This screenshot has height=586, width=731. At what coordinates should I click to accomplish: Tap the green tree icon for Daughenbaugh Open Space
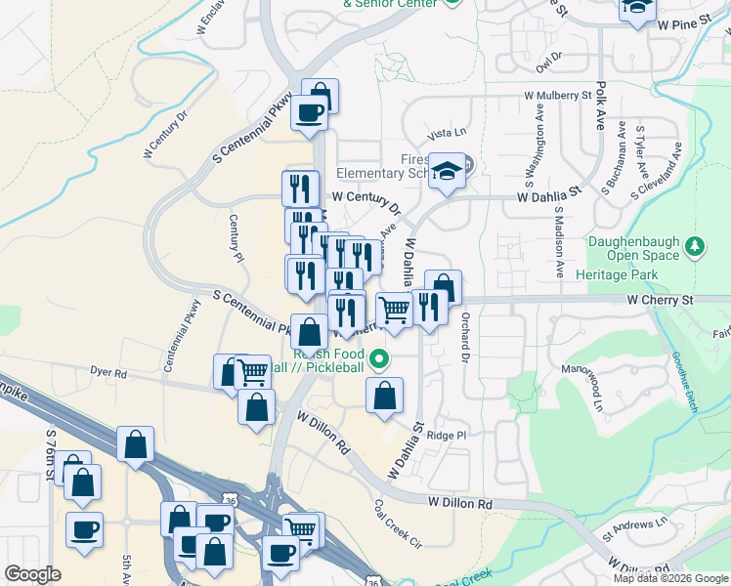695,244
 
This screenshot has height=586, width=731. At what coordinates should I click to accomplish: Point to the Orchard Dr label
465,333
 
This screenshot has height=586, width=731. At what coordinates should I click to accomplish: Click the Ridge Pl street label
448,435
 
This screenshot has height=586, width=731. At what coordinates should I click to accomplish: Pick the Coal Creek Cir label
397,523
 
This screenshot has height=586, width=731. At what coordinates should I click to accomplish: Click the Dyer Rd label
107,373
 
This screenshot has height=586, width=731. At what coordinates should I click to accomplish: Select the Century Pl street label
235,238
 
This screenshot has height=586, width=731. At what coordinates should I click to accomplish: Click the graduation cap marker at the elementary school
446,170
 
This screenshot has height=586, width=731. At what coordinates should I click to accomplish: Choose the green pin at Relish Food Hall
385,359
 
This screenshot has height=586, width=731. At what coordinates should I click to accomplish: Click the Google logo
32,574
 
